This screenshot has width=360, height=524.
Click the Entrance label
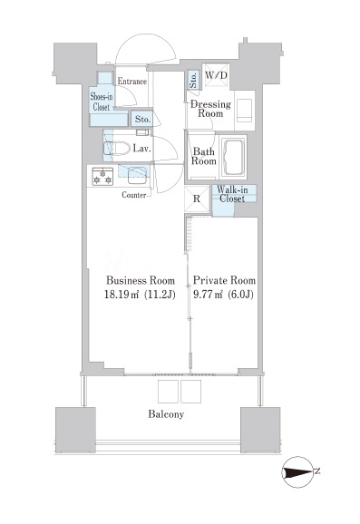pos(132,82)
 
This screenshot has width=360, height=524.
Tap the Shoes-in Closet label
pos(102,102)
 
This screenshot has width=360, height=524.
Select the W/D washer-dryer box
pos(216,75)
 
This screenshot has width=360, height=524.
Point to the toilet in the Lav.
pos(117,149)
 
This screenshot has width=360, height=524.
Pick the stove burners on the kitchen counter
pos(102,176)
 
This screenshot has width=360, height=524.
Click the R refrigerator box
pos(197,199)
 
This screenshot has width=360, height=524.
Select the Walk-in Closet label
pos(232,194)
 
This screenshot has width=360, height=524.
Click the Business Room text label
pos(141,280)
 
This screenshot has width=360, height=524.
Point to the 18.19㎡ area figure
pos(121,295)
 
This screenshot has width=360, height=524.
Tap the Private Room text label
pos(224,280)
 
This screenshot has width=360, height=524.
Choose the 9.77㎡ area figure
pos(209,295)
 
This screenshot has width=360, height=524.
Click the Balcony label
pos(166,414)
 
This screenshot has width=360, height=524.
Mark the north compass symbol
pos(297,472)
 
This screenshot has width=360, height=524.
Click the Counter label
pos(133,195)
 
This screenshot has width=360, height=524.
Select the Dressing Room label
pos(210,109)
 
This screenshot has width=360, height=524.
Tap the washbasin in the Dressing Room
pos(245,111)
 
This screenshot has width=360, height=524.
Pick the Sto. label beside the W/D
pos(193,80)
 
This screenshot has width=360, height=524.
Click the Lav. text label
pos(141,149)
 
